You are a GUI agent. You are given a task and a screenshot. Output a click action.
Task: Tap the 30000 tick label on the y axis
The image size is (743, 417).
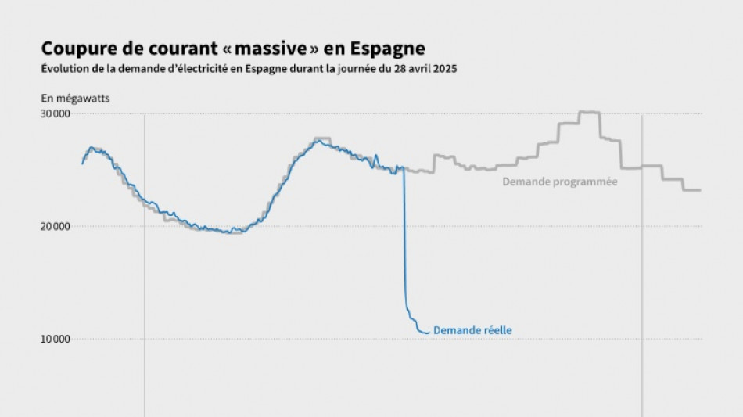56,114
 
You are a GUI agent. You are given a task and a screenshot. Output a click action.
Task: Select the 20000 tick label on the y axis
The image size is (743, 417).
56,227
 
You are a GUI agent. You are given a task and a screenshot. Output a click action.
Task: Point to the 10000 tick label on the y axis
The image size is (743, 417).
56,340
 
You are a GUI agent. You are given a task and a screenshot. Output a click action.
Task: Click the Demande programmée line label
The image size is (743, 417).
559,182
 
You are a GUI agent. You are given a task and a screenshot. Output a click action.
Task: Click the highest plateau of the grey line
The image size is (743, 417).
588,113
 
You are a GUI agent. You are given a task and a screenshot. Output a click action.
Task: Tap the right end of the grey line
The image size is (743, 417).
699,190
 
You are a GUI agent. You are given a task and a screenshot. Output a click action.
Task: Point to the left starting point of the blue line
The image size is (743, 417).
83,163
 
